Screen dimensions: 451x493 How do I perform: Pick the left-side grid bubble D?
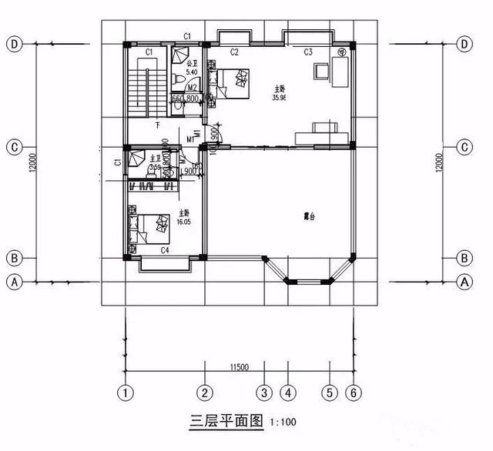pyautogui.click(x=14, y=44)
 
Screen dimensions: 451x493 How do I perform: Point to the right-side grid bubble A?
pyautogui.click(x=464, y=282)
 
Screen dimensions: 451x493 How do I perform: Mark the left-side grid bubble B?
pyautogui.click(x=14, y=258)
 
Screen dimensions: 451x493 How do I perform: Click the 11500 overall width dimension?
pyautogui.click(x=239, y=367)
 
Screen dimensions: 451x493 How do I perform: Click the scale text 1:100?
pyautogui.click(x=283, y=423)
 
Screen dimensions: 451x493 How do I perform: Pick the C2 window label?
pyautogui.click(x=233, y=52)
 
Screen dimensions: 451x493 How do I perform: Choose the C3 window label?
pyautogui.click(x=307, y=52)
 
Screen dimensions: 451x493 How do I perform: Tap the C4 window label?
pyautogui.click(x=165, y=250)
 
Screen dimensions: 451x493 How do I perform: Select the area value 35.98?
pyautogui.click(x=280, y=98)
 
